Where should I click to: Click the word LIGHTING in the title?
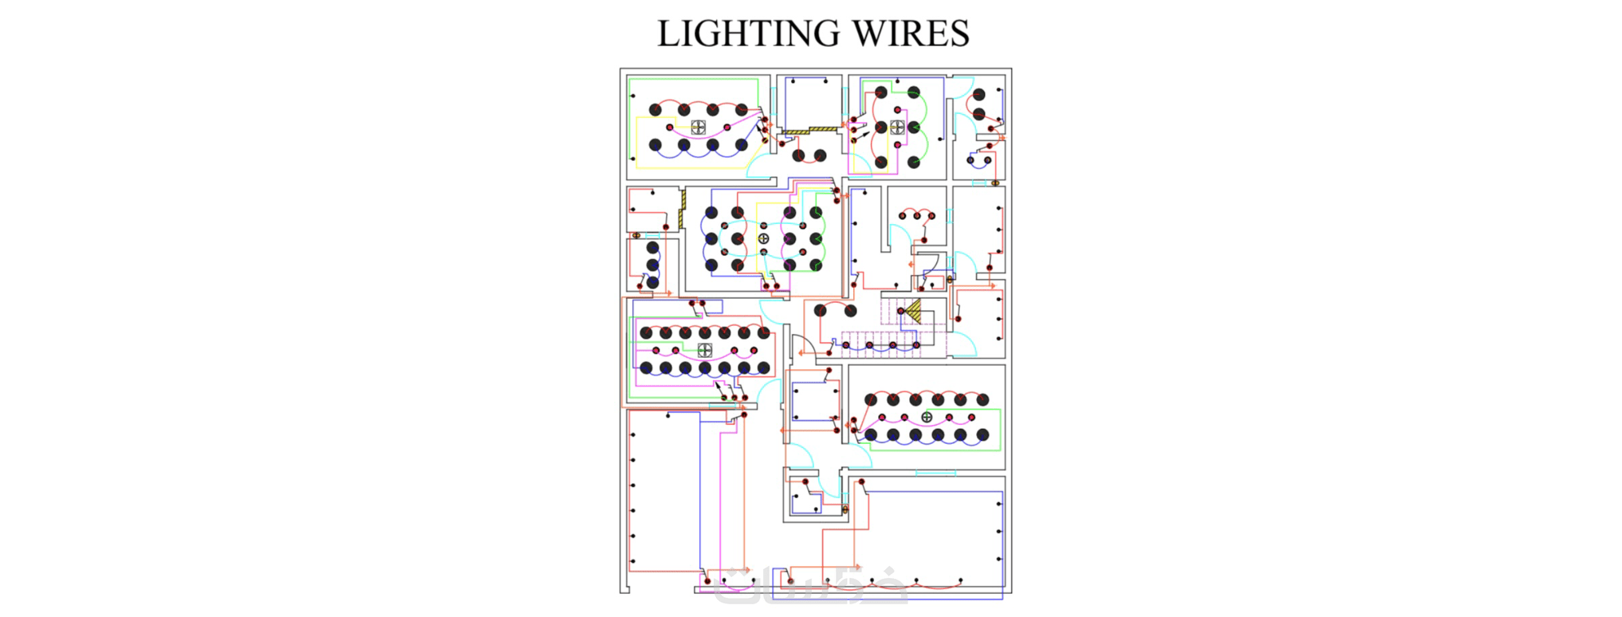tap(749, 33)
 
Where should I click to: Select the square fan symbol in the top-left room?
tap(698, 128)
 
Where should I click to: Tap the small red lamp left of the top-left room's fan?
tap(670, 128)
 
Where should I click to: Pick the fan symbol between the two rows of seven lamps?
tap(704, 350)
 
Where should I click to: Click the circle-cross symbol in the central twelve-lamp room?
tap(763, 238)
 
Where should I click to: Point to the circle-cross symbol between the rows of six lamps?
tap(927, 417)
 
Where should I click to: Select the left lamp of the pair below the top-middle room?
tap(798, 155)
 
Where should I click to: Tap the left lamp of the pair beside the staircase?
tap(821, 311)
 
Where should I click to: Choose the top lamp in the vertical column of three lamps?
tap(652, 248)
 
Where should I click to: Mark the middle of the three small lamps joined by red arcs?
tap(917, 215)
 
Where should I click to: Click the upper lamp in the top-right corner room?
tap(979, 95)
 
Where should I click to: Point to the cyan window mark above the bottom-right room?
tap(935, 474)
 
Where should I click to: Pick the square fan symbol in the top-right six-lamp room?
tap(897, 128)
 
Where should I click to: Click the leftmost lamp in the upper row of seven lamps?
tap(646, 332)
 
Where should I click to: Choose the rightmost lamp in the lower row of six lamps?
tap(982, 435)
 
